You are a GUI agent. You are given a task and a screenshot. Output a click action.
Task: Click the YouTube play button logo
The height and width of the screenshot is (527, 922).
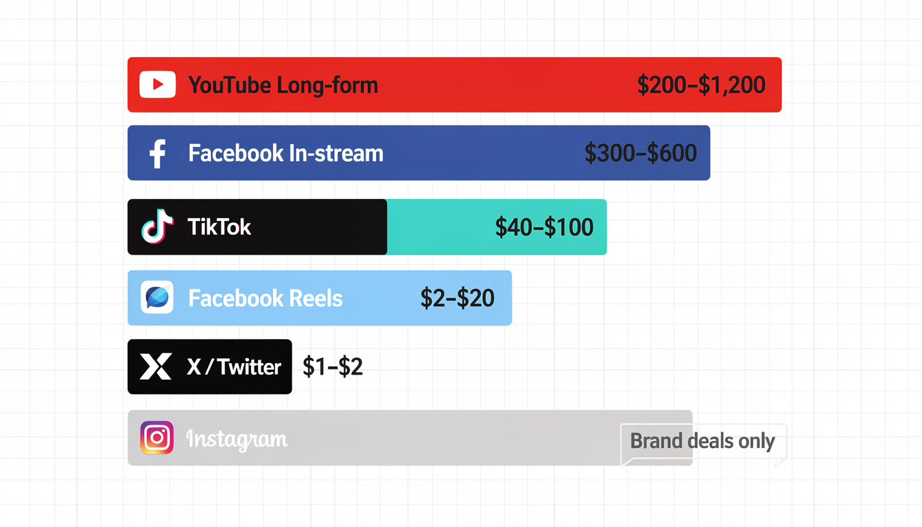tap(158, 84)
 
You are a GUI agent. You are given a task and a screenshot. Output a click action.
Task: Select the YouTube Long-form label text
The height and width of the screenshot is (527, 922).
tap(283, 85)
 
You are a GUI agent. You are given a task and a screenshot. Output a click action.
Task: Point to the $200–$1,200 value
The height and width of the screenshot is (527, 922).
tap(700, 85)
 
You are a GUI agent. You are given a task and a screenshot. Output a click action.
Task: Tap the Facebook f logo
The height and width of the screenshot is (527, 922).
tap(158, 153)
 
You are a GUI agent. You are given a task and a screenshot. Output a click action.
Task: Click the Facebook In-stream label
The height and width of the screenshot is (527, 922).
tap(285, 153)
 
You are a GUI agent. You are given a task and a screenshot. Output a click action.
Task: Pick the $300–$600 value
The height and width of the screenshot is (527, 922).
tap(640, 153)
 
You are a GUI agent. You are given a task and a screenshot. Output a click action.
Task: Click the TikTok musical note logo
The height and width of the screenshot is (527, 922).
tap(157, 227)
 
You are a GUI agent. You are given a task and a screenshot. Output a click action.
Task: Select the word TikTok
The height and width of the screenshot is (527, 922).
tap(220, 227)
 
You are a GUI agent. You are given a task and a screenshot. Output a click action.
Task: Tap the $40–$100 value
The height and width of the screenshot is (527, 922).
tap(544, 227)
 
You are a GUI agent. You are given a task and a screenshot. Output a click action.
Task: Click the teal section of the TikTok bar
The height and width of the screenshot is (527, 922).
tap(439, 227)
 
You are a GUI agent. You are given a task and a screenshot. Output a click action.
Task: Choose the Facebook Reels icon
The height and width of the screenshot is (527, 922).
tap(157, 298)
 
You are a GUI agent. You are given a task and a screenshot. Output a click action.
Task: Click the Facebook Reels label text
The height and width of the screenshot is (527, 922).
tap(265, 298)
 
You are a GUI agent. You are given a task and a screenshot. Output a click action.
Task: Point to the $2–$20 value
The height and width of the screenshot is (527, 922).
tap(457, 298)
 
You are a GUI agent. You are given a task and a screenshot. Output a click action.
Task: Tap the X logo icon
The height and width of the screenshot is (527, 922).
tap(156, 367)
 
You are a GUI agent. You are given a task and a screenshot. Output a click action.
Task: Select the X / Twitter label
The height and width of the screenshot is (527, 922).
tap(234, 367)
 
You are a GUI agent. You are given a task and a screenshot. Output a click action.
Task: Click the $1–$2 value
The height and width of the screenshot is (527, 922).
tap(333, 367)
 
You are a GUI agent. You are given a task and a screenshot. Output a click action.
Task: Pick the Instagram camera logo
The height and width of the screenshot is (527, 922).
tap(157, 438)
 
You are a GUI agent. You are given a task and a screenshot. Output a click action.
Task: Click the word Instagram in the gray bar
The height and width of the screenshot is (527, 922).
tap(237, 438)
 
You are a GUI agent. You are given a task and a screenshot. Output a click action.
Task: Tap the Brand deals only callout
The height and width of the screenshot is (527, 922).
tap(702, 441)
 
